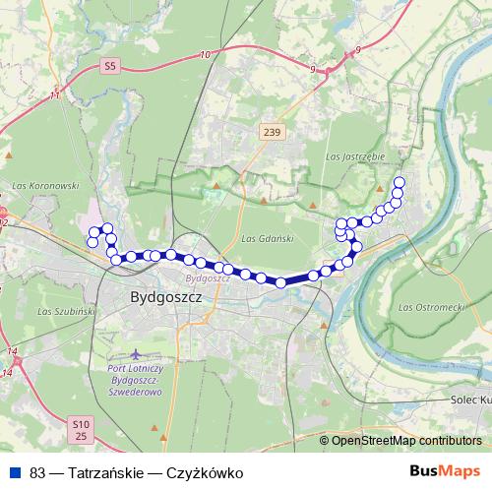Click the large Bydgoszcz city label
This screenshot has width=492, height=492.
[164, 295]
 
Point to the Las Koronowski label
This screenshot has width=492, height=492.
[43, 184]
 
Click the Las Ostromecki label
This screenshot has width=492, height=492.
[431, 308]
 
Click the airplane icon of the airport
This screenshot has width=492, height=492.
[136, 353]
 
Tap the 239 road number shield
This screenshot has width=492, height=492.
[273, 131]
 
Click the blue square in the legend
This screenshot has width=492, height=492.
[15, 472]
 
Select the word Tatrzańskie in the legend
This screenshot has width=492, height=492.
[102, 472]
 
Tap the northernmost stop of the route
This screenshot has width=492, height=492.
[400, 181]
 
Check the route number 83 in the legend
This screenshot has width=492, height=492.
[38, 472]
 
